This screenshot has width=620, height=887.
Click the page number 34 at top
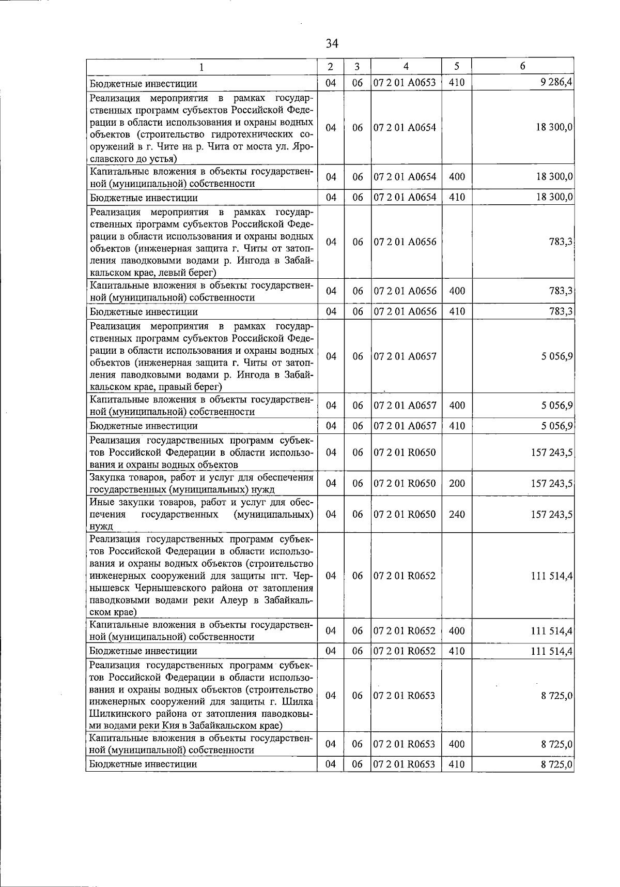point(332,44)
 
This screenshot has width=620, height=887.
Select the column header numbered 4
point(406,66)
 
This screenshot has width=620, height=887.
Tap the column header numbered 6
point(523,66)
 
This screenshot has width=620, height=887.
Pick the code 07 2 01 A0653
point(405,83)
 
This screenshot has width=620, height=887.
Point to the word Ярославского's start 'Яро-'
point(304,146)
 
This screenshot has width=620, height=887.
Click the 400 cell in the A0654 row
point(457,177)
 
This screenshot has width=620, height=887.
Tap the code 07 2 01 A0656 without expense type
point(405,242)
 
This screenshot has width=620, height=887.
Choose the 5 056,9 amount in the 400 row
point(557,405)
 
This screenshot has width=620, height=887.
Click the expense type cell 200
point(457,484)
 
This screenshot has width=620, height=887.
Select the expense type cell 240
point(457,514)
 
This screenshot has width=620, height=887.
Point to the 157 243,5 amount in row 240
point(552,514)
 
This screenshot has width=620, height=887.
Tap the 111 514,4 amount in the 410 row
point(552,651)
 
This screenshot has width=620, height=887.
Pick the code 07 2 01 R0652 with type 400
point(405,631)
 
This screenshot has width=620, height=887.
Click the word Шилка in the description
point(299,702)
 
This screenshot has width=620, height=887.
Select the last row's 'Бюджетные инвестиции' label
point(143,764)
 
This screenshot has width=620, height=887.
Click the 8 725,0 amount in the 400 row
point(557,744)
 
